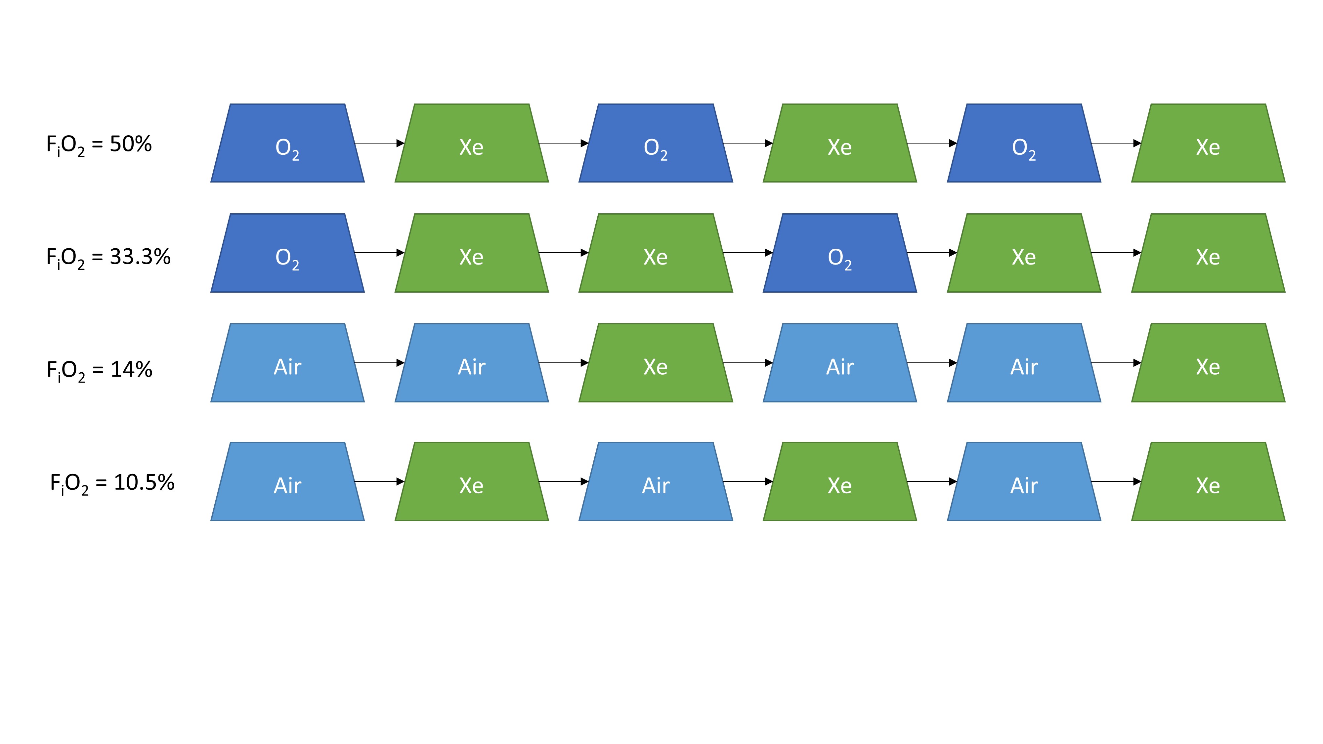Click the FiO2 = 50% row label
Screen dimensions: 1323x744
pyautogui.click(x=99, y=145)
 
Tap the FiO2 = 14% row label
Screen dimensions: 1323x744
pyautogui.click(x=99, y=370)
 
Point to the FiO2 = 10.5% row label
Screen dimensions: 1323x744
pyautogui.click(x=112, y=483)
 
